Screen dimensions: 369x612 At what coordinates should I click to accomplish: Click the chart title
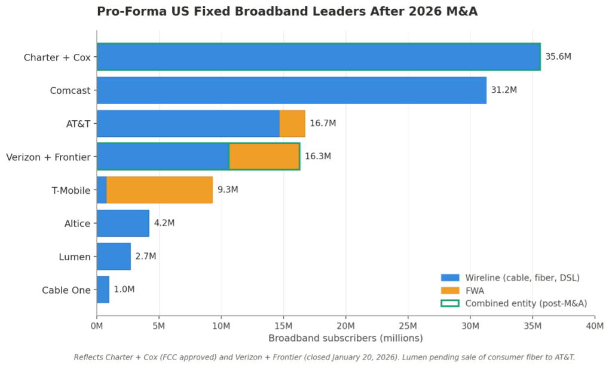287,11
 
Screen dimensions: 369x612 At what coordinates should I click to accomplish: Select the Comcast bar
291,90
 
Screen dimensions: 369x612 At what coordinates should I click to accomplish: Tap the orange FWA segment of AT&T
292,123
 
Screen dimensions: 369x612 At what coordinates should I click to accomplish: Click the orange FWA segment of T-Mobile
159,190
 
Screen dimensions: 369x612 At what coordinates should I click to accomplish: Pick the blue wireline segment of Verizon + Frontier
163,157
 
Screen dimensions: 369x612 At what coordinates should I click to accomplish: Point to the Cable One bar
103,289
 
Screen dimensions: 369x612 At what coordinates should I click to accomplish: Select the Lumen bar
114,257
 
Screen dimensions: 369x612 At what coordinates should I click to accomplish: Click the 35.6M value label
558,57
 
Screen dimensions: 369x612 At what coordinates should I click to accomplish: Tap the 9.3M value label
228,190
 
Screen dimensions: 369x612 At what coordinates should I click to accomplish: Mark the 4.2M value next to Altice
164,223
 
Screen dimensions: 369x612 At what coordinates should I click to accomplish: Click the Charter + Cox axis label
57,57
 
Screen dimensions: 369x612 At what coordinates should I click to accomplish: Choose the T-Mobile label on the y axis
71,190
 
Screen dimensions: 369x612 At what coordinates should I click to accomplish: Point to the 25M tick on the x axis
408,326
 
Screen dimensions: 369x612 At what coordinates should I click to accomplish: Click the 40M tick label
594,326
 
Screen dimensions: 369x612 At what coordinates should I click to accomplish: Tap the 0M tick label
97,326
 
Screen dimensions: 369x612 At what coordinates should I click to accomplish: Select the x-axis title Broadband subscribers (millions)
345,338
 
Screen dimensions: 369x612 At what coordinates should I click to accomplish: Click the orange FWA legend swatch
449,290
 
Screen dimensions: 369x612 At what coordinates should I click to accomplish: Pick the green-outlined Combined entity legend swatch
449,303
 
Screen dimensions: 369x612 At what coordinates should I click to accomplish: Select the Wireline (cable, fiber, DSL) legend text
522,277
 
